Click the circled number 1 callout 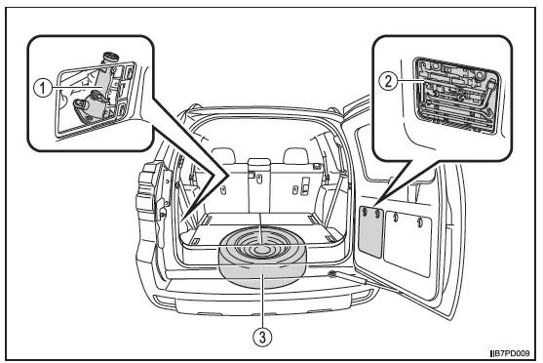click(42, 88)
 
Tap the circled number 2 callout click(388, 81)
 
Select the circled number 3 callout click(262, 337)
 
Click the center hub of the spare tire click(260, 250)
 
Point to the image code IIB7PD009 click(510, 353)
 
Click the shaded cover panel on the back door click(370, 231)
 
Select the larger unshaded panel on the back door click(408, 243)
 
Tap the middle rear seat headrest click(259, 164)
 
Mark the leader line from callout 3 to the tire click(262, 301)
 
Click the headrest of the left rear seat click(224, 155)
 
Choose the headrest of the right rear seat click(296, 155)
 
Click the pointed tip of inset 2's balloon click(375, 206)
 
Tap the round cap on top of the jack click(109, 58)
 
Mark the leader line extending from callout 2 click(411, 81)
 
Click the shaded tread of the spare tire click(262, 274)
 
